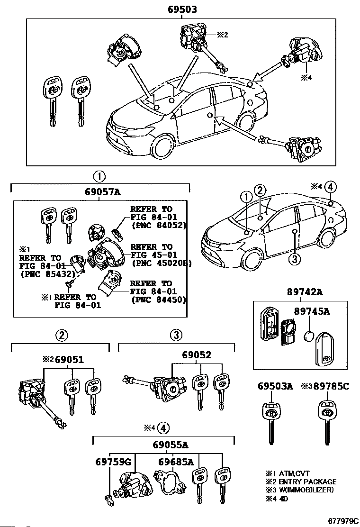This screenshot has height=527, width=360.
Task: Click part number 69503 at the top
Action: coord(182,9)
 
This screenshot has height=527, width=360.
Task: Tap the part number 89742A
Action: coord(305,292)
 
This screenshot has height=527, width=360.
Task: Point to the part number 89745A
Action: coord(312,311)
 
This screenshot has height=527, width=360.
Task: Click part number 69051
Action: coord(69,360)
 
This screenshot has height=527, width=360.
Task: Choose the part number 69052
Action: coord(197,355)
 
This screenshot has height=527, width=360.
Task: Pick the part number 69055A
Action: coord(170,445)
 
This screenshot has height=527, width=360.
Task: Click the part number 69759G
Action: coord(113,462)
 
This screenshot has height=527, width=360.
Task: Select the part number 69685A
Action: coord(176,462)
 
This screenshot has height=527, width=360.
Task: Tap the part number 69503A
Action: coord(275,386)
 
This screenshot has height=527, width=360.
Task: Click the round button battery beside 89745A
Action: coord(309,336)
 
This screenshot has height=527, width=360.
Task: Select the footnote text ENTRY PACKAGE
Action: coord(307,482)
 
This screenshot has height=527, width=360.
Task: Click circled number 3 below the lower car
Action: coord(295,259)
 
